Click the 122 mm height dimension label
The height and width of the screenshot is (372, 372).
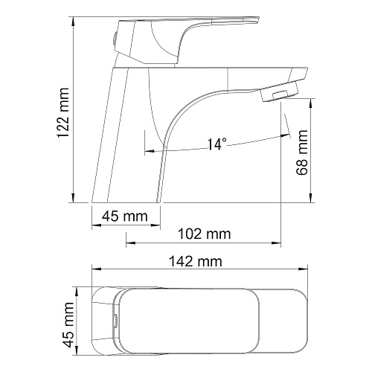(x=63, y=113)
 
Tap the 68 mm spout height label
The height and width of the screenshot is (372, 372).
(x=302, y=153)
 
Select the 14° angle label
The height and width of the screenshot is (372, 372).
(x=217, y=144)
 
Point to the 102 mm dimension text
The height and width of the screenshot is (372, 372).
(x=205, y=234)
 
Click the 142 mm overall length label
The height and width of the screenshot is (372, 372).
(x=196, y=261)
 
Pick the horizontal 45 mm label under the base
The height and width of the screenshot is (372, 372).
(x=125, y=217)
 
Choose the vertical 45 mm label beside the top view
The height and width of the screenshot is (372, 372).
(x=68, y=325)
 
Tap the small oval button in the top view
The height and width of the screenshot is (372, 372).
(x=115, y=321)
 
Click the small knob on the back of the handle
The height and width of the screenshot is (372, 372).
(x=115, y=39)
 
